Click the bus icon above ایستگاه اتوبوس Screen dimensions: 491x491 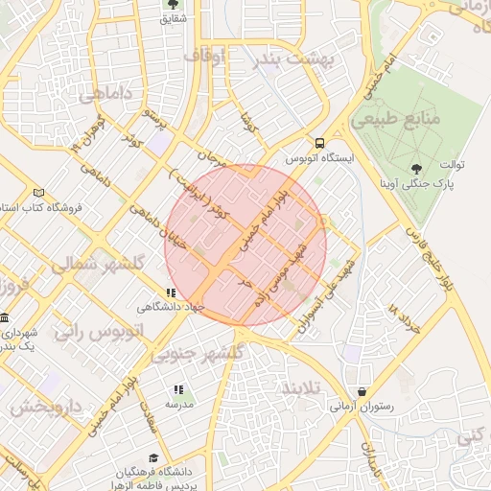tap(319, 141)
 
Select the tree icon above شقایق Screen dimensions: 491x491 tap(174, 4)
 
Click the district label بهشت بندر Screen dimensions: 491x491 tap(297, 58)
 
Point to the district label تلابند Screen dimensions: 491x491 tap(303, 387)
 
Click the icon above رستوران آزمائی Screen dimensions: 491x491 tap(362, 391)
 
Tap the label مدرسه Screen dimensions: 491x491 tap(179, 405)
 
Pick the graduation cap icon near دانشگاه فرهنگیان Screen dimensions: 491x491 tap(153, 458)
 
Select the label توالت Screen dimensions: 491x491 tap(452, 165)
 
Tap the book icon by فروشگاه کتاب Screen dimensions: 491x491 tap(38, 192)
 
